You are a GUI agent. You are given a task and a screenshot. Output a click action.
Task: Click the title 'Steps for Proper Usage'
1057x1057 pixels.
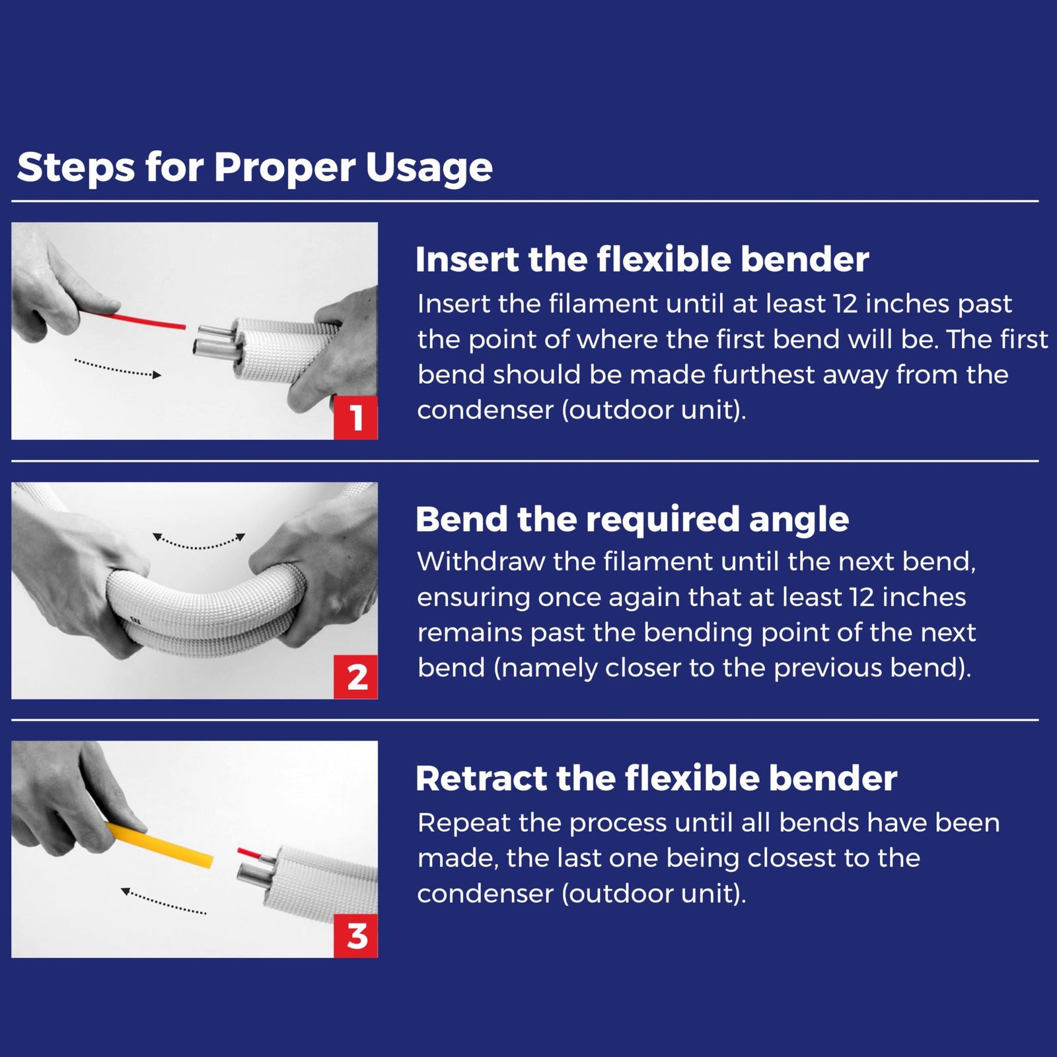coord(254,167)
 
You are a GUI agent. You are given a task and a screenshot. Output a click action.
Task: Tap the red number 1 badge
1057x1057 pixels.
coord(355,418)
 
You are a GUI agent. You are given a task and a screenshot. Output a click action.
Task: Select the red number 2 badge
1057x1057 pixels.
coord(356,677)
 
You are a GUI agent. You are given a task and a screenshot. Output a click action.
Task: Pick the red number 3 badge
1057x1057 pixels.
coord(356,936)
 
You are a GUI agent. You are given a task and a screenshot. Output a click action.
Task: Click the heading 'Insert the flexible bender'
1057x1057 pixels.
coord(641,260)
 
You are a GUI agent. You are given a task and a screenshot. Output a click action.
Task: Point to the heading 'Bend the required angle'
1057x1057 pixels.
coord(632,519)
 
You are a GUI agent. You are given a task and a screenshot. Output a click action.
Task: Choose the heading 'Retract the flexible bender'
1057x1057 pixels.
coord(656,778)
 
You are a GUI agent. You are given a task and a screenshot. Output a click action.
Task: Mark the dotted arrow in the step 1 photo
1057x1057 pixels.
coord(118,368)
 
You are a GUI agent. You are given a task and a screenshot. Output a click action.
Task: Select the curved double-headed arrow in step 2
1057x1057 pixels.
coord(199,542)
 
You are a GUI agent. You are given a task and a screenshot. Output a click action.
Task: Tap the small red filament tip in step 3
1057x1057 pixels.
coord(250,853)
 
